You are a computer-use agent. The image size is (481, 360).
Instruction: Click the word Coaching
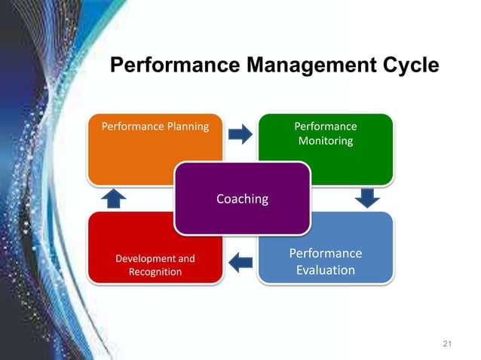[x=242, y=199]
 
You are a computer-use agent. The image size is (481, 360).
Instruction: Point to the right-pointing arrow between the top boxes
[x=240, y=135]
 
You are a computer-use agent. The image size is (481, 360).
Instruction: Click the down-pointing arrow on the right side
[x=367, y=198]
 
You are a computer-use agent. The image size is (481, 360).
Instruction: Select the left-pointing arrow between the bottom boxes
[x=240, y=263]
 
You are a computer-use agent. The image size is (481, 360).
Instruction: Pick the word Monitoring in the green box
[x=325, y=141]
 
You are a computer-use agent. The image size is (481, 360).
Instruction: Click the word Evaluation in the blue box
[x=325, y=270]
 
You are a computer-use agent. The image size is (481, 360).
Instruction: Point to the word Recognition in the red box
[x=155, y=271]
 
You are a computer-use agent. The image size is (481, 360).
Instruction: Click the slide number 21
[x=447, y=344]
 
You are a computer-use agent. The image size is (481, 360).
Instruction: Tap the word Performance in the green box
[x=325, y=126]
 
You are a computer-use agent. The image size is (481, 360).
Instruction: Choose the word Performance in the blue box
[x=325, y=253]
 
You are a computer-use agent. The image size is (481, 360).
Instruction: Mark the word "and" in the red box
[x=185, y=258]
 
